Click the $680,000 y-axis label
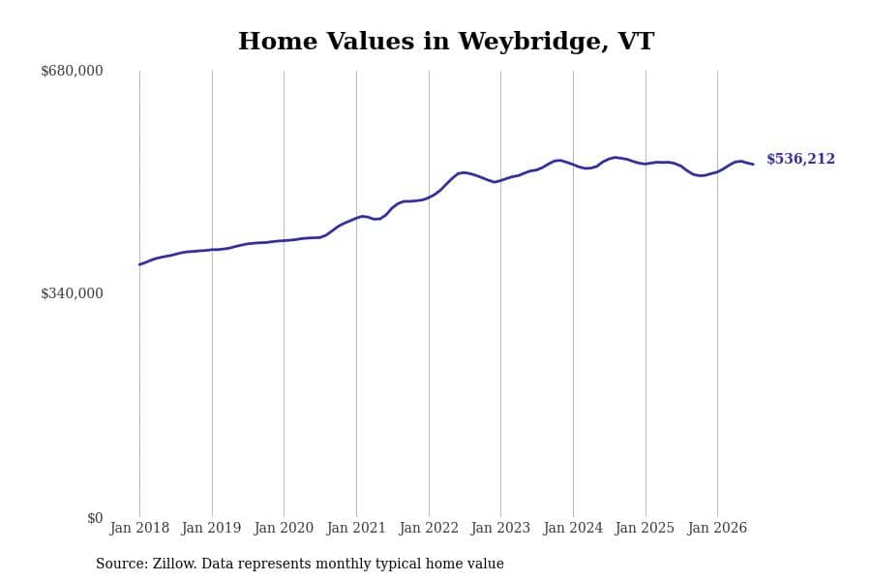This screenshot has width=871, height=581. point(72,71)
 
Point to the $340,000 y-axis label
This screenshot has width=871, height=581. point(72,293)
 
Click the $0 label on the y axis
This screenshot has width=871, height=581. point(95,518)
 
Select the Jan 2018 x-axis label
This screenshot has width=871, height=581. point(139,528)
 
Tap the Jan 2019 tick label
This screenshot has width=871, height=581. point(212,528)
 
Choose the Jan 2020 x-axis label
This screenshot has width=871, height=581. point(284,528)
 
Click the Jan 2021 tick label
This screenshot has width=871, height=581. point(356,528)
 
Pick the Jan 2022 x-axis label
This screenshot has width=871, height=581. point(429,528)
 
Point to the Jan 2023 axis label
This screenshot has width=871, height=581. point(500,528)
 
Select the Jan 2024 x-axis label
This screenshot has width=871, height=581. point(573,528)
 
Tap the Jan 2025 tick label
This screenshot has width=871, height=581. point(645,528)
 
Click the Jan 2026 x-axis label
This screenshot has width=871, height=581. point(717,528)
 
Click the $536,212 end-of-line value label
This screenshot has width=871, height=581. point(800,159)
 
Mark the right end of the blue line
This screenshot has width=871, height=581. point(753,164)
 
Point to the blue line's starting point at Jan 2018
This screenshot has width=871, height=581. point(139,264)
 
